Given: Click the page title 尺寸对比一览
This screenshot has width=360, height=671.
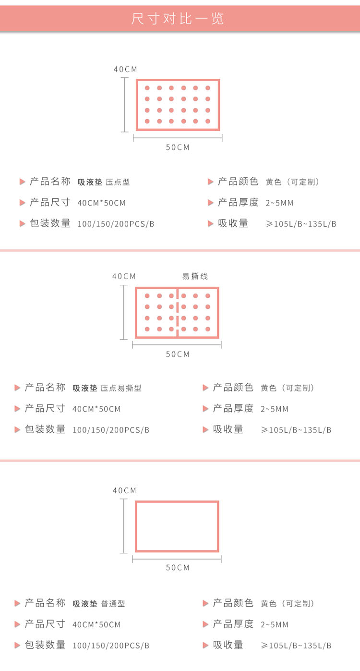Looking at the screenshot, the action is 178,19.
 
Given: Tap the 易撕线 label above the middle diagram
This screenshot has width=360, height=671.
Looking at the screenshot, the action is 195,276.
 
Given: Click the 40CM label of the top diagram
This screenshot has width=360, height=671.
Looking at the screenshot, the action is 125,69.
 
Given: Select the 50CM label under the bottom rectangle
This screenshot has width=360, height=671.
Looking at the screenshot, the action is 178,568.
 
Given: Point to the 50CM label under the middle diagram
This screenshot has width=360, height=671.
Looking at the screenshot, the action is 178,354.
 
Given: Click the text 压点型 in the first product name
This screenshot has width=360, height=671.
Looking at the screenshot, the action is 118,182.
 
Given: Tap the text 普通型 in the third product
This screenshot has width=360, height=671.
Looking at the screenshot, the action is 113,604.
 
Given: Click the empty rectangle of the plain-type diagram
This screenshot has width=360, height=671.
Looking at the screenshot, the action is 177,526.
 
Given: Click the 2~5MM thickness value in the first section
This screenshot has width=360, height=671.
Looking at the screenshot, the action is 279,203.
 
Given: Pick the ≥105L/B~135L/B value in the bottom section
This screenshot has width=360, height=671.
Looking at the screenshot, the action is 296,646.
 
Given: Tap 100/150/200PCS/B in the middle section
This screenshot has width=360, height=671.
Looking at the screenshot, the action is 111,430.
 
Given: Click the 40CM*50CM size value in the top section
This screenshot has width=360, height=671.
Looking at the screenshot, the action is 101,203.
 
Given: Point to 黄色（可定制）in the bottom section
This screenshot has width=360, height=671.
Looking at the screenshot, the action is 288,604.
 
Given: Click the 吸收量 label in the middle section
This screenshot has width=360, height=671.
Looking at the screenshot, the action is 228,429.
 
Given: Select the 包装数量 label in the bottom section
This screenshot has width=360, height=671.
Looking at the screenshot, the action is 45,645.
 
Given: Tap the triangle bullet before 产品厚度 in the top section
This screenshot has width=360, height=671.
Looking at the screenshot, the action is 210,203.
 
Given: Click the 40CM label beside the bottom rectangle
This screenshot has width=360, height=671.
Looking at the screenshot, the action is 124,490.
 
